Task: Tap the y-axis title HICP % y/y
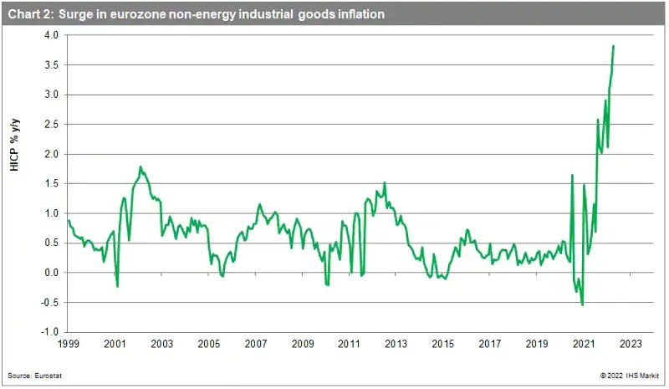click(15, 146)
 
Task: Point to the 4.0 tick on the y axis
click(52, 35)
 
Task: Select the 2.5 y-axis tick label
click(52, 125)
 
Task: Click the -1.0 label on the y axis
click(50, 332)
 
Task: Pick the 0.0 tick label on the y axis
click(52, 273)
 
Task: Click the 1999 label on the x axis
click(69, 344)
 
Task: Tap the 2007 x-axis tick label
click(256, 344)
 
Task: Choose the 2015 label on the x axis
click(443, 344)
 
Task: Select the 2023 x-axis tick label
click(631, 344)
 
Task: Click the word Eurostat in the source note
click(49, 376)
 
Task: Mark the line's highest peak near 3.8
click(613, 46)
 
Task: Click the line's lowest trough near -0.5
click(582, 305)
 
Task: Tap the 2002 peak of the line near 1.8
click(140, 166)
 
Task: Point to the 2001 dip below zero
click(117, 286)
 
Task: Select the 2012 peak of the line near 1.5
click(385, 182)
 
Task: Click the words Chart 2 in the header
click(30, 14)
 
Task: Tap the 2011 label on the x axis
click(349, 344)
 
